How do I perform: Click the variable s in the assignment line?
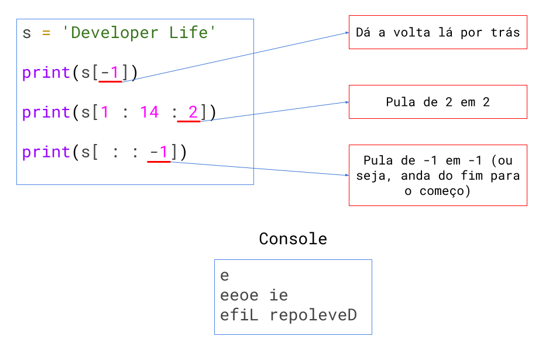coord(26,33)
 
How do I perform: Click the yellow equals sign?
coord(46,33)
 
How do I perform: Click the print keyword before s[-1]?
coord(46,73)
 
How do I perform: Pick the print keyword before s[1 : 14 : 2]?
coord(46,112)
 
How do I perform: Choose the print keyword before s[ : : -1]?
coord(46,152)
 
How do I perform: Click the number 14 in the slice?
coord(149,112)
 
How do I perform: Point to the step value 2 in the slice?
coord(193,112)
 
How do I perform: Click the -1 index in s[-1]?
coord(110,73)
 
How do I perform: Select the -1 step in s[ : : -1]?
coord(159,152)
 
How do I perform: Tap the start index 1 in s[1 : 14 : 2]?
coord(105,112)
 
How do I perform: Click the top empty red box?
coord(438,32)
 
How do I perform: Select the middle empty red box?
coord(438,102)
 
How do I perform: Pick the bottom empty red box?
coord(438,175)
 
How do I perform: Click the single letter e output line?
coord(225,276)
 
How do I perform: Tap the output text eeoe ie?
coord(254,296)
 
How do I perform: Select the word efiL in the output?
coord(239,316)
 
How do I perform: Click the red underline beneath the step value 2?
coord(188,122)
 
